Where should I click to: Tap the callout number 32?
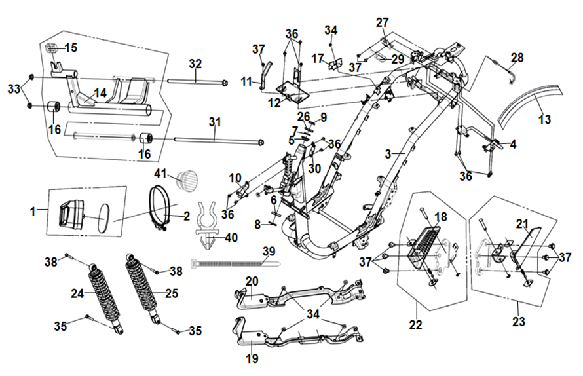click(195, 64)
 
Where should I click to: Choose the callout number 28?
click(517, 58)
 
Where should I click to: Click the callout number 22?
click(417, 324)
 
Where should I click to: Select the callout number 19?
click(252, 359)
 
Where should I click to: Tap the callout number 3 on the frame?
click(388, 153)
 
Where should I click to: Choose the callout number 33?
click(14, 87)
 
